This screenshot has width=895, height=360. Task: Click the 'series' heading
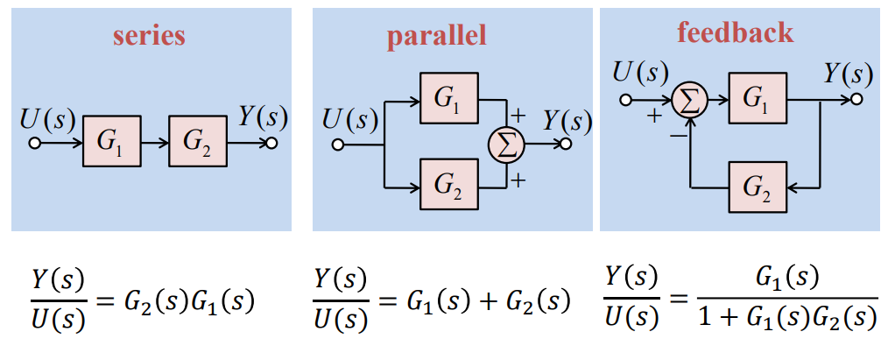(149, 36)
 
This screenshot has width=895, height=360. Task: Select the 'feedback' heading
(735, 32)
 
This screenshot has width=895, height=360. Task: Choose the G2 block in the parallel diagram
(450, 185)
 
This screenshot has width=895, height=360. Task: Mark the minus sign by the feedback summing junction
(677, 136)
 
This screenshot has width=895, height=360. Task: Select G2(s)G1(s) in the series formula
(188, 302)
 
